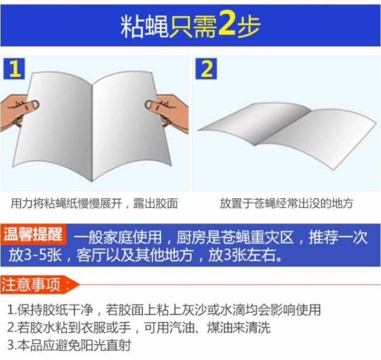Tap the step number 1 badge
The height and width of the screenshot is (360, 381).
pos(14,68)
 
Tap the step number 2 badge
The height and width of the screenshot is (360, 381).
pos(206,68)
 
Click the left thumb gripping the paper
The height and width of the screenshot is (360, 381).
pos(29,105)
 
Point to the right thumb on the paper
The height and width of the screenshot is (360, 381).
pos(155,106)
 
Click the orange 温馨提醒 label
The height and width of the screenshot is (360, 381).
pos(33,234)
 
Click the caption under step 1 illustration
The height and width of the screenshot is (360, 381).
pos(94,203)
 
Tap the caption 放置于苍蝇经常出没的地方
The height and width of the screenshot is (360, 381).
pos(286,203)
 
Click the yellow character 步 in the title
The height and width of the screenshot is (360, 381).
pos(249,26)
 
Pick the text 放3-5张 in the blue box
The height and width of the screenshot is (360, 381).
pos(35,256)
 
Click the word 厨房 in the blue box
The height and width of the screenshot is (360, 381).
pos(191,237)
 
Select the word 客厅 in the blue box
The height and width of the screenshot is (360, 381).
pos(91,256)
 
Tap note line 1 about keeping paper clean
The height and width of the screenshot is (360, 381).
pos(164,309)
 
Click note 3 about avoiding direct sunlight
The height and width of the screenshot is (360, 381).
pos(70,345)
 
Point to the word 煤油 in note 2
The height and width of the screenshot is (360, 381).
pos(221,328)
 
